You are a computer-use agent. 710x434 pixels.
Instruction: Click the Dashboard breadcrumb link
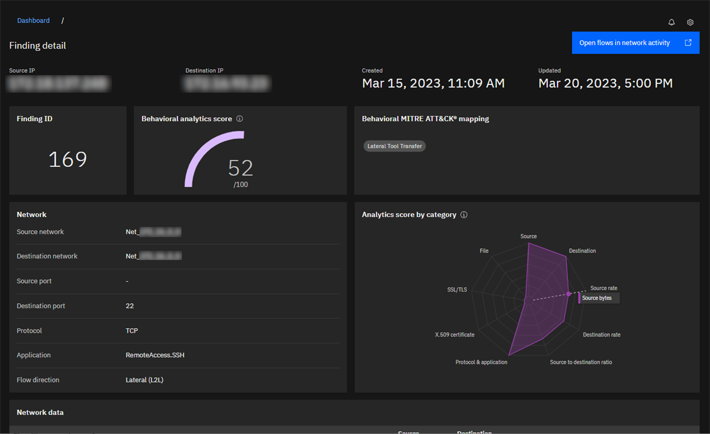pyautogui.click(x=33, y=21)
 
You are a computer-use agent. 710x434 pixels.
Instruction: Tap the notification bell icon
pyautogui.click(x=672, y=22)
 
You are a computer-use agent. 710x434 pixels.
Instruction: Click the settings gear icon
pyautogui.click(x=690, y=22)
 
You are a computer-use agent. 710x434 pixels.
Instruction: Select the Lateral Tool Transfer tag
pyautogui.click(x=395, y=146)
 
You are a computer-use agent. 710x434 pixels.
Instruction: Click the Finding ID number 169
pyautogui.click(x=67, y=160)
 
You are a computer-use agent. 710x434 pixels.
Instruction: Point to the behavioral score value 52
pyautogui.click(x=240, y=169)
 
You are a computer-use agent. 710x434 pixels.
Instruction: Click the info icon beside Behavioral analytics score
pyautogui.click(x=240, y=119)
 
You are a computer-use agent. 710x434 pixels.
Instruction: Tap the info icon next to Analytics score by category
pyautogui.click(x=464, y=215)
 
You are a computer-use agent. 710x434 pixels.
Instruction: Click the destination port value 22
pyautogui.click(x=130, y=306)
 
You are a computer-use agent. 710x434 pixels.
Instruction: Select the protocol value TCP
pyautogui.click(x=132, y=331)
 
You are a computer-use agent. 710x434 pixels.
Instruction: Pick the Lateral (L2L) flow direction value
pyautogui.click(x=144, y=380)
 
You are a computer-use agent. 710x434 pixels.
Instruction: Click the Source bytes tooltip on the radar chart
pyautogui.click(x=598, y=298)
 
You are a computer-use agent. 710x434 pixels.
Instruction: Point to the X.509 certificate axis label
pyautogui.click(x=454, y=335)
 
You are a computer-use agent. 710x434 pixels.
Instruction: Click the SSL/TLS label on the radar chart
pyautogui.click(x=457, y=290)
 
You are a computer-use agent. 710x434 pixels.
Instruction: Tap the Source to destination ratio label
pyautogui.click(x=580, y=362)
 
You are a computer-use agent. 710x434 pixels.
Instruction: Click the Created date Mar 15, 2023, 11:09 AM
pyautogui.click(x=433, y=83)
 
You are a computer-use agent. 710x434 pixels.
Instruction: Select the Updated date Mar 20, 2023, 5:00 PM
pyautogui.click(x=605, y=83)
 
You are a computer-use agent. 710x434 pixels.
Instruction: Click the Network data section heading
pyautogui.click(x=40, y=412)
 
